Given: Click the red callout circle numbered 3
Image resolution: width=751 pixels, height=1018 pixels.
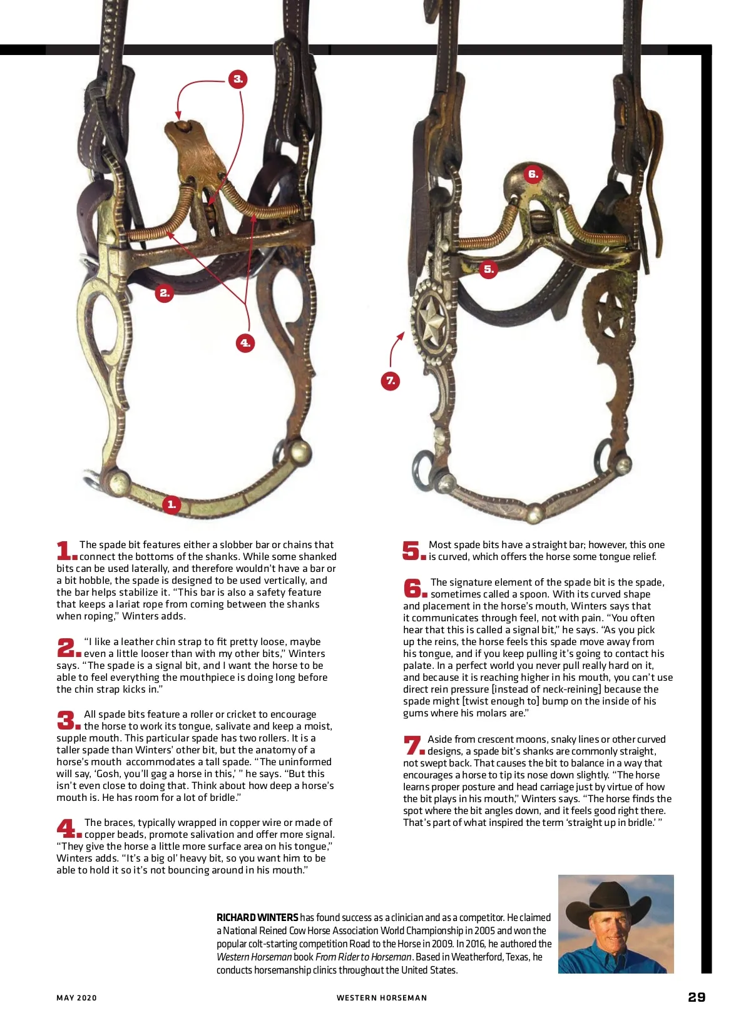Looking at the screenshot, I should click(238, 79).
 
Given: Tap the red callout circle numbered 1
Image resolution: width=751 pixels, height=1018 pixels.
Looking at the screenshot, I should click(171, 504).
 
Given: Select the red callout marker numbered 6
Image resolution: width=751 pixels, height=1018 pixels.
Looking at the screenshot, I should click(533, 174).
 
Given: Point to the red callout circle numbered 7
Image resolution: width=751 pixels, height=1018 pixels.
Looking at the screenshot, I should click(391, 380).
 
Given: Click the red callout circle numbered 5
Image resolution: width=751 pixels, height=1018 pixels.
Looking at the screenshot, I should click(489, 270).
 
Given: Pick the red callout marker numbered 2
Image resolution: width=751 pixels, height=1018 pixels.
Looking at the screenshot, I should click(165, 293).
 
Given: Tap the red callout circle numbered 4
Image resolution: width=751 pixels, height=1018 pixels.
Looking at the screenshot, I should click(245, 343).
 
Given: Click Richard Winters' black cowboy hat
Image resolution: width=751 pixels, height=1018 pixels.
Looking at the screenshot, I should click(609, 901).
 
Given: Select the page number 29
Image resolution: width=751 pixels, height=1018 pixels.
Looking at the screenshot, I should click(697, 997).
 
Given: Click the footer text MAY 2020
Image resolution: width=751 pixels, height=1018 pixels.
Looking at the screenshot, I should click(76, 998).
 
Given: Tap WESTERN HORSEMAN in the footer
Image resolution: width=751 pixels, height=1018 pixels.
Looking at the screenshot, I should click(382, 998).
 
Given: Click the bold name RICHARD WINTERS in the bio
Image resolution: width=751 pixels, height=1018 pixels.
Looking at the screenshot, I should click(257, 917).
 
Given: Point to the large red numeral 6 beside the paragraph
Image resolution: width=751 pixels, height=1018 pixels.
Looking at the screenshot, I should click(414, 588).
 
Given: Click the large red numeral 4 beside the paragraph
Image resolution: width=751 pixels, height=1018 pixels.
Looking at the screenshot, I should click(68, 828).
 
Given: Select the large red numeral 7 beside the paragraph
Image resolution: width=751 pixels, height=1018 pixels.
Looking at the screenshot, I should click(413, 745).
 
